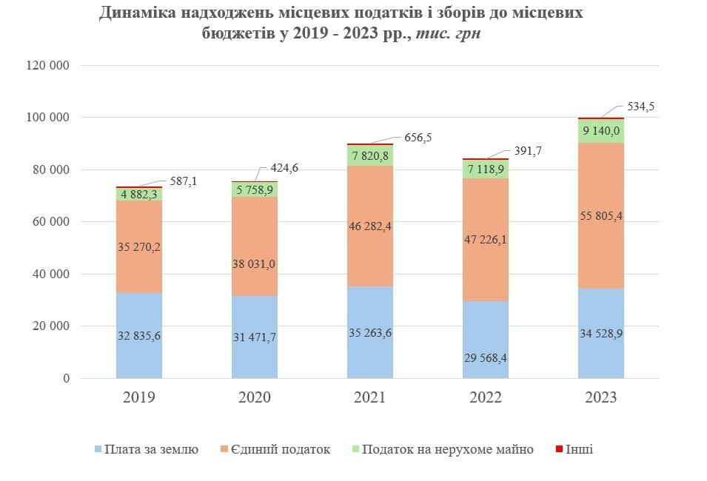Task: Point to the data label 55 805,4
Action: click(x=601, y=216)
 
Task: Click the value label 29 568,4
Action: click(x=486, y=359)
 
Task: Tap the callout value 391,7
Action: click(x=529, y=151)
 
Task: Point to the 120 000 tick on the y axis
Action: click(x=47, y=65)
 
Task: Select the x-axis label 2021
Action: click(x=370, y=397)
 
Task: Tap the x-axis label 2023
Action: click(x=601, y=397)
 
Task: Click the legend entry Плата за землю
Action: click(x=151, y=449)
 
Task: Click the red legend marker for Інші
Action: click(x=559, y=449)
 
